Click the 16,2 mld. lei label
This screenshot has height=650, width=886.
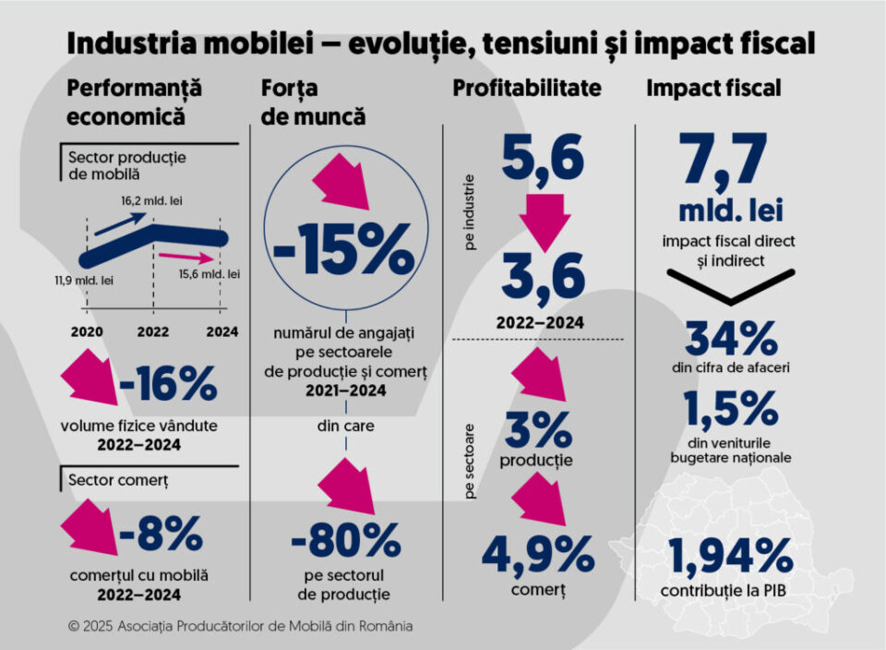tap(150, 199)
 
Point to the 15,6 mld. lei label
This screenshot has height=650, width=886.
tap(210, 274)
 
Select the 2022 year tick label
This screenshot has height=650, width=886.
tap(152, 331)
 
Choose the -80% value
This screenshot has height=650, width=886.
tap(345, 542)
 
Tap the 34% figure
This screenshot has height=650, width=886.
tap(729, 339)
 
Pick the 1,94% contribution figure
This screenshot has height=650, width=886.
tap(729, 556)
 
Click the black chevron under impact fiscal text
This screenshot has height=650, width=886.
tap(729, 291)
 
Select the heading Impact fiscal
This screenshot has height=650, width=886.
tap(713, 89)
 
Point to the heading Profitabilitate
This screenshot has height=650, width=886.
tap(526, 89)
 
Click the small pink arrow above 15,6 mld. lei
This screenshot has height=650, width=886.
tap(180, 257)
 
